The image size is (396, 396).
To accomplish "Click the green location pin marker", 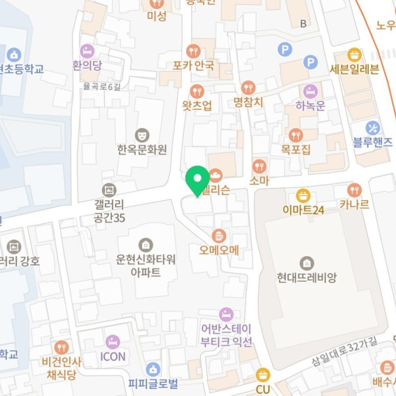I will pyautogui.click(x=197, y=180).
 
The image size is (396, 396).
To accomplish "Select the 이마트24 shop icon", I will pyautogui.click(x=303, y=196).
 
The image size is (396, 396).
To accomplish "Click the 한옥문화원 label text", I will pyautogui.click(x=142, y=150).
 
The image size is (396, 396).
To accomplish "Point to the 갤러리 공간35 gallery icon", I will pyautogui.click(x=109, y=190).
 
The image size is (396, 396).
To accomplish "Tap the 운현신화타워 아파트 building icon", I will pyautogui.click(x=145, y=244).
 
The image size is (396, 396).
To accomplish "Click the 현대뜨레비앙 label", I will pyautogui.click(x=307, y=277).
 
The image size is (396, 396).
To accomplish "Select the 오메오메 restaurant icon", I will pyautogui.click(x=219, y=235).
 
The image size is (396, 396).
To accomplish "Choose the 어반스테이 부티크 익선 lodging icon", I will pyautogui.click(x=226, y=315).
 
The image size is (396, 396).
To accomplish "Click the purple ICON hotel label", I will pyautogui.click(x=113, y=356).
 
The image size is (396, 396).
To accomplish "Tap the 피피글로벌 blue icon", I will pyautogui.click(x=152, y=369).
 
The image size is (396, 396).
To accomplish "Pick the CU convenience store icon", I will pyautogui.click(x=262, y=375).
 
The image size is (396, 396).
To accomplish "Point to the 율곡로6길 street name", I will pyautogui.click(x=102, y=86).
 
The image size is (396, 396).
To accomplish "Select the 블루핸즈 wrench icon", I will pyautogui.click(x=372, y=127).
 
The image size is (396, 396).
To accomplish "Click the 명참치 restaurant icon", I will pyautogui.click(x=248, y=88).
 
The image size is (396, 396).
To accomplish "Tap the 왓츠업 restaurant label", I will pyautogui.click(x=197, y=105).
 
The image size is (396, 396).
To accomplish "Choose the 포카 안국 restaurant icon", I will pyautogui.click(x=193, y=51).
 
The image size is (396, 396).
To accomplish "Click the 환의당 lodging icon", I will pyautogui.click(x=87, y=51).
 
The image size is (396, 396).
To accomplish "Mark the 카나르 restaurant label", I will pyautogui.click(x=355, y=204).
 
